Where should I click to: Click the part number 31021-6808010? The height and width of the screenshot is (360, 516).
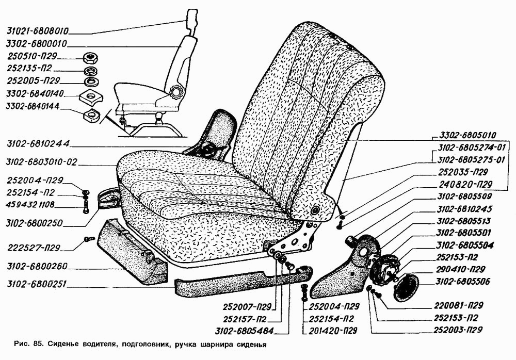click(38, 31)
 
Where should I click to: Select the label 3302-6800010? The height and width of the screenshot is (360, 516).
click(37, 44)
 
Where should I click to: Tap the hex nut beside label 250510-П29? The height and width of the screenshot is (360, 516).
click(89, 58)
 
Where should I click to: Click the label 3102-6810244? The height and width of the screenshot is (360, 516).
click(38, 144)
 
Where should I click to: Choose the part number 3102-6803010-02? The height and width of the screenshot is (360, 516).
click(41, 162)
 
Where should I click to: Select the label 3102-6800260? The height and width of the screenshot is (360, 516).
click(37, 266)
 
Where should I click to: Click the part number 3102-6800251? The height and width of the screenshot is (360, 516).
click(36, 284)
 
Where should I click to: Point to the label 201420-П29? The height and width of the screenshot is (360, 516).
click(333, 331)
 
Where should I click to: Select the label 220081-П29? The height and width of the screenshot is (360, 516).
click(458, 305)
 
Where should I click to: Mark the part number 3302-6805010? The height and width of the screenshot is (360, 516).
click(468, 135)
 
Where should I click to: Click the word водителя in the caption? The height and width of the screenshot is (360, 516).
click(99, 345)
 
